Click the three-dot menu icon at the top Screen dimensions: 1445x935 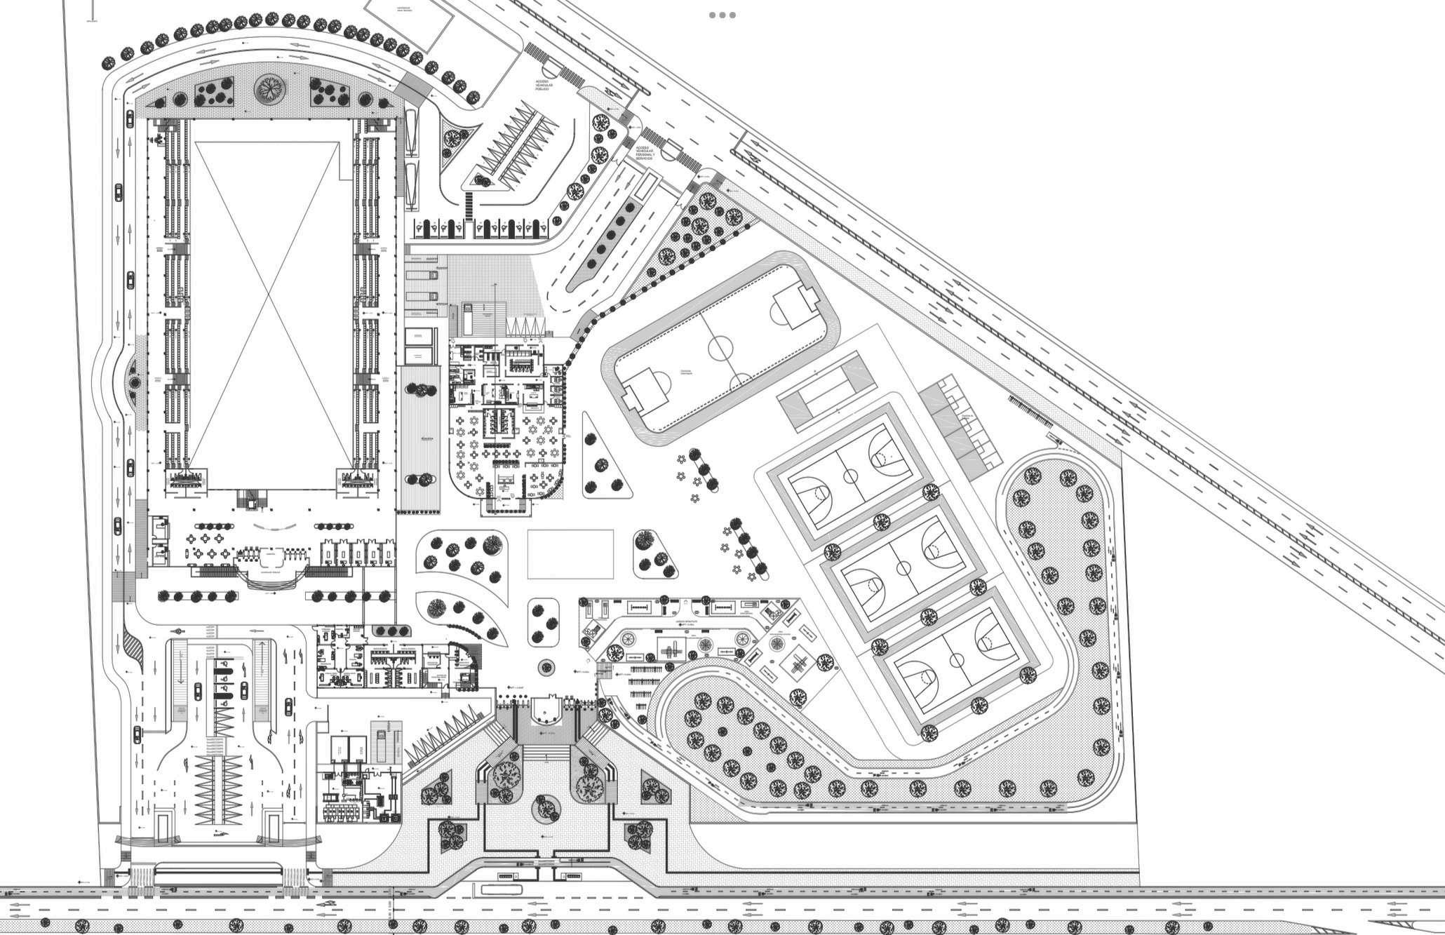[x=722, y=15]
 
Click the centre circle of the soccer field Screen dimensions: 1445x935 [x=720, y=347]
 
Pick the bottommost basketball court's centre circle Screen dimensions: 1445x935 [x=956, y=659]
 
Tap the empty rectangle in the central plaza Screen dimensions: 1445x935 [x=570, y=554]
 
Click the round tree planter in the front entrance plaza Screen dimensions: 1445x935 [x=546, y=809]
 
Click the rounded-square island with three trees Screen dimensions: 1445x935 [x=544, y=621]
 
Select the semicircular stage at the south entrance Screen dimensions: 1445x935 [x=546, y=711]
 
